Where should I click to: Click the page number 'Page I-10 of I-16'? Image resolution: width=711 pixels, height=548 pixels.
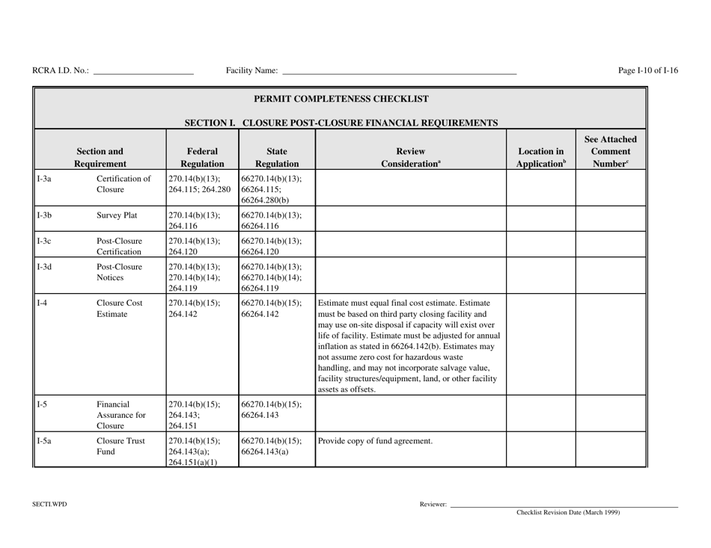[x=648, y=71]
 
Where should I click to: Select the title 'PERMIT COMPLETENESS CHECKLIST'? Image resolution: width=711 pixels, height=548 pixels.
[x=341, y=99]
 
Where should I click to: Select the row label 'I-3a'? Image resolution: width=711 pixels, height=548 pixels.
[x=44, y=179]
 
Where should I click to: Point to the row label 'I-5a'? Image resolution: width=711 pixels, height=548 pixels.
[x=45, y=441]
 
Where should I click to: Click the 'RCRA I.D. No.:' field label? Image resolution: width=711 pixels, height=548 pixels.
[x=61, y=71]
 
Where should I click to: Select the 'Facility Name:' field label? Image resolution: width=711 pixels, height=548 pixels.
[x=251, y=71]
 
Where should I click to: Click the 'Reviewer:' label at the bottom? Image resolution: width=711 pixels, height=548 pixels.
[x=433, y=505]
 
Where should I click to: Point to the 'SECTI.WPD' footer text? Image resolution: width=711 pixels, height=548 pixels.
[x=49, y=505]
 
